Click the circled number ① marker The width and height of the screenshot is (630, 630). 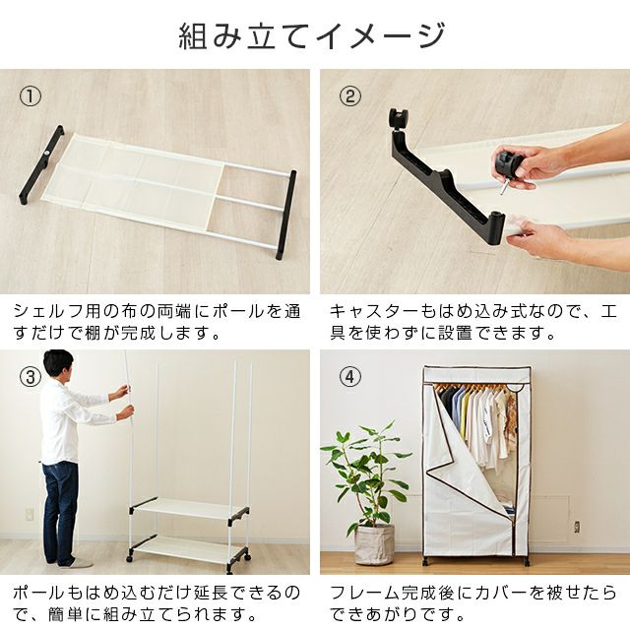(x=31, y=96)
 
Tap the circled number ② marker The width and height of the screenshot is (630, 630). (x=350, y=96)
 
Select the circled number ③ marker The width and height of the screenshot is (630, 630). (x=31, y=377)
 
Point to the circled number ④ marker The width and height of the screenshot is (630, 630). (x=350, y=377)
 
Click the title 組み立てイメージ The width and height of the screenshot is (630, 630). (x=312, y=36)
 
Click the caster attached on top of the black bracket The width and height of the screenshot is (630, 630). (x=398, y=117)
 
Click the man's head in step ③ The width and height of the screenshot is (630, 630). (x=59, y=365)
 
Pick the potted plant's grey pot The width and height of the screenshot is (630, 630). (x=374, y=544)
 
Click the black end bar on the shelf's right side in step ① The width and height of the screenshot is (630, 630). (x=286, y=215)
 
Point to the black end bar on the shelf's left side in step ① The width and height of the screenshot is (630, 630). (x=41, y=164)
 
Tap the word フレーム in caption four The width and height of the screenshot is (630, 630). (x=359, y=593)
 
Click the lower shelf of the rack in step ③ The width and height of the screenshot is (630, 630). (x=189, y=549)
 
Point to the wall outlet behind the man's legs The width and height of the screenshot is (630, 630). (x=29, y=515)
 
